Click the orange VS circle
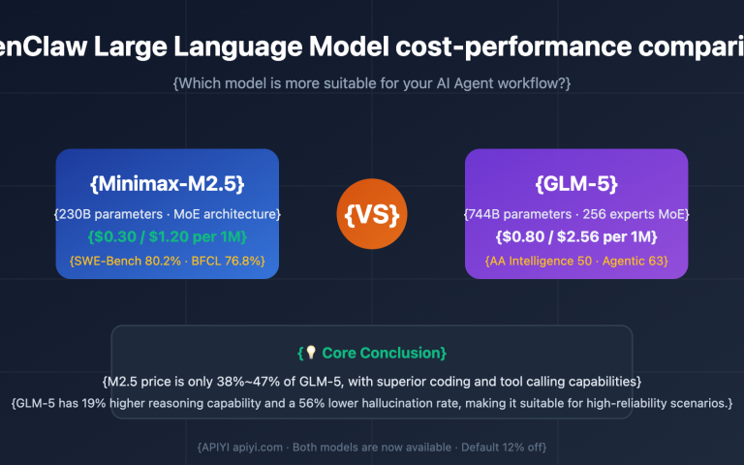(x=372, y=213)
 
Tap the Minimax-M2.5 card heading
(x=167, y=183)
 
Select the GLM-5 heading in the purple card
(x=576, y=183)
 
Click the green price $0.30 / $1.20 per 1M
(x=167, y=236)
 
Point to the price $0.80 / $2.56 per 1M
(x=576, y=236)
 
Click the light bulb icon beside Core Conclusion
(x=311, y=354)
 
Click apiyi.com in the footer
(x=255, y=447)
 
